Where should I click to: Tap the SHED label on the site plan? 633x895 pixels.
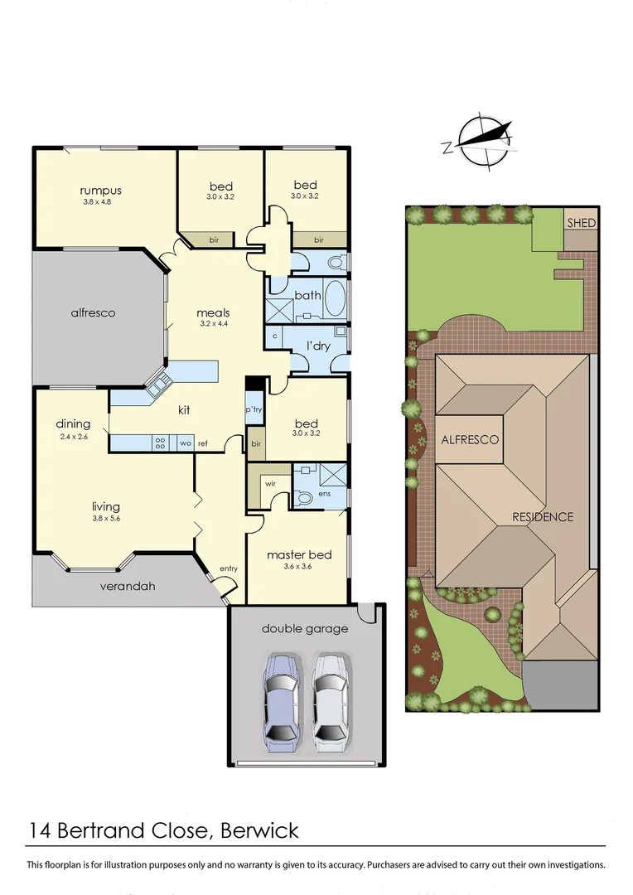[581, 223]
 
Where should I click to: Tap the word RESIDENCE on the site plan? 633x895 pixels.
[542, 517]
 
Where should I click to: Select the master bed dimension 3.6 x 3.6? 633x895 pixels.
[299, 566]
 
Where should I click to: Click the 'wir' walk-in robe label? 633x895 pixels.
[270, 482]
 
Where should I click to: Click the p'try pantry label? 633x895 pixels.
[254, 410]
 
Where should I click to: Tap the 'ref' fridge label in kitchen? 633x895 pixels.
[202, 443]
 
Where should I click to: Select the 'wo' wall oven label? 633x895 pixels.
[185, 443]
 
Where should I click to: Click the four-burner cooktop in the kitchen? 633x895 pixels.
[161, 443]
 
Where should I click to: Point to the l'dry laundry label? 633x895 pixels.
[318, 345]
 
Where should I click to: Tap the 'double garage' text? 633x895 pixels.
[305, 628]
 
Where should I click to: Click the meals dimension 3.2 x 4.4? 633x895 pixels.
[213, 324]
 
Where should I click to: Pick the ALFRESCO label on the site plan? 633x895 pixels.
[470, 439]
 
